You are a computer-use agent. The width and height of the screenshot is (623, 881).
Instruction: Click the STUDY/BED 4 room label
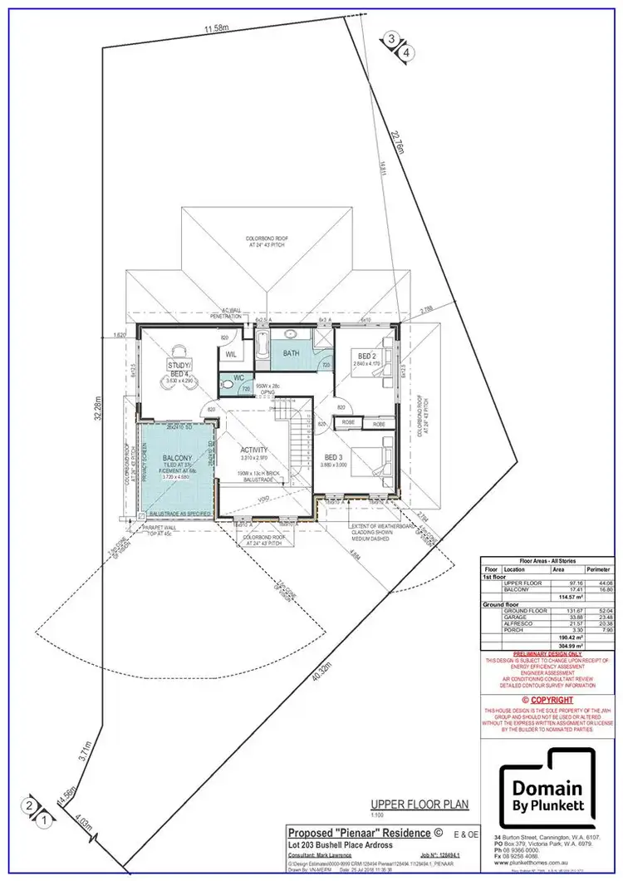click(179, 369)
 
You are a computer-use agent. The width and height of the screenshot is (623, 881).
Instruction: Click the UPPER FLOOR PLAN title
click(419, 804)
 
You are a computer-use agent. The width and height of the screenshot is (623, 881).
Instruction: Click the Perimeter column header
click(599, 569)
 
